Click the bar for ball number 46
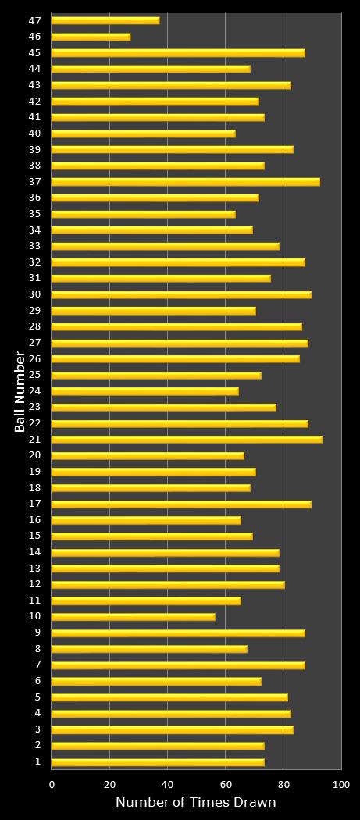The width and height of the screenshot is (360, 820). (91, 37)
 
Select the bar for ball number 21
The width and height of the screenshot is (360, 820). (187, 440)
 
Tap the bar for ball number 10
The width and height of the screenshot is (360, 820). (133, 617)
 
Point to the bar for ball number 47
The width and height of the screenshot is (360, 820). (105, 20)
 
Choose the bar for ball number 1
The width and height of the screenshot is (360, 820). (158, 762)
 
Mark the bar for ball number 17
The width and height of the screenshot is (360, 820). (181, 504)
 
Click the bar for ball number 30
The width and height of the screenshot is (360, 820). (181, 294)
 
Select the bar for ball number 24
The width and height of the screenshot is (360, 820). (144, 391)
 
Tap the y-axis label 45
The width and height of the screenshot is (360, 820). (34, 53)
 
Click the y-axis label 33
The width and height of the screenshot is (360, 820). (34, 246)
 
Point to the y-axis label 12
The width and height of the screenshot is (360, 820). (34, 585)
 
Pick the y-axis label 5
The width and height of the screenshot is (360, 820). (37, 697)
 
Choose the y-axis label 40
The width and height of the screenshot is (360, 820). (34, 134)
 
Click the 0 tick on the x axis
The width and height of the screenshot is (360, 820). (52, 784)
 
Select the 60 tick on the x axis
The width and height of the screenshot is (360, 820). (225, 784)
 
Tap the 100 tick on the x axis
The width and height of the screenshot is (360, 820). (340, 784)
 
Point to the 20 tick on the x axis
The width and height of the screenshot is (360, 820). (109, 784)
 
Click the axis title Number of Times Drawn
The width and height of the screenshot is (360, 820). (195, 803)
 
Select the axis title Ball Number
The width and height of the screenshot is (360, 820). (20, 391)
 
